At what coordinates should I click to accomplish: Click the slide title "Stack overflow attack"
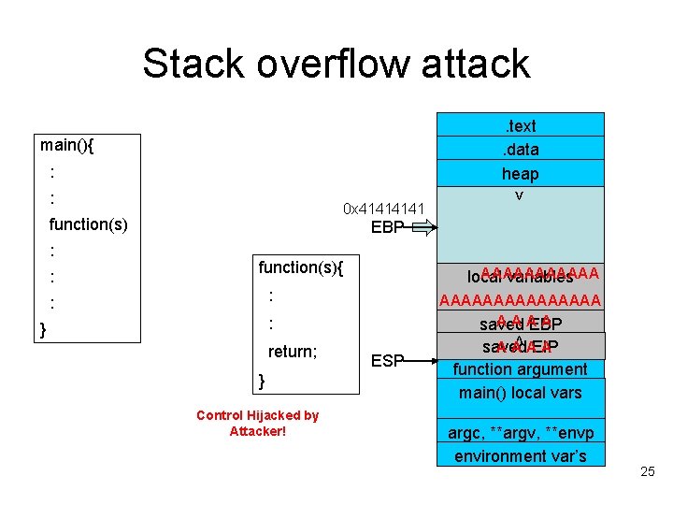(336, 64)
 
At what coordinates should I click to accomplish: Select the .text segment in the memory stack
(521, 125)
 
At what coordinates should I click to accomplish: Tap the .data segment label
(521, 149)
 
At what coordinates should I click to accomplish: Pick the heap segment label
(521, 173)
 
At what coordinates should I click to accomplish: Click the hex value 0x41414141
(383, 208)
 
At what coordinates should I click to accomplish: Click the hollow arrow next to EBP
(422, 226)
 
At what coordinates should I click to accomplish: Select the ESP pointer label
(388, 360)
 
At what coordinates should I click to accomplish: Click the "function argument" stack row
(521, 369)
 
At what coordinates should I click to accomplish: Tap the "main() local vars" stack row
(521, 392)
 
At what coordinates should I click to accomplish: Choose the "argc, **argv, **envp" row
(521, 433)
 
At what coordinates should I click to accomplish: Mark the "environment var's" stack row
(521, 455)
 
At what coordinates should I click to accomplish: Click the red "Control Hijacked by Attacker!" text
(257, 423)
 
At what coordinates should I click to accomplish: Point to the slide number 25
(648, 472)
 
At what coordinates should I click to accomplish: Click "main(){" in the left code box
(73, 145)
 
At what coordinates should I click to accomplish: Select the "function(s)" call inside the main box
(88, 224)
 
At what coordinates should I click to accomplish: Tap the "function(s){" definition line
(301, 267)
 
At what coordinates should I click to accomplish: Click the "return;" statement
(293, 352)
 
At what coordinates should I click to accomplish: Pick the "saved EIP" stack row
(521, 346)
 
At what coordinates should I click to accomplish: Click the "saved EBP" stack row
(521, 325)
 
